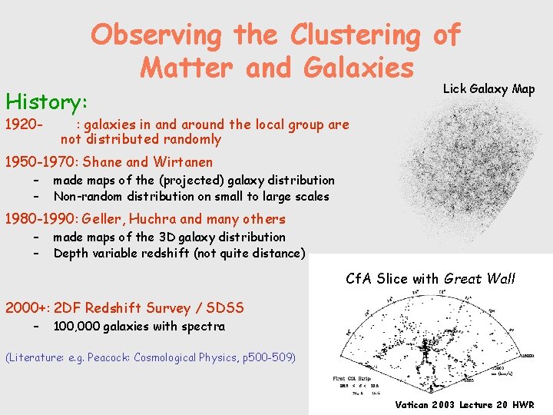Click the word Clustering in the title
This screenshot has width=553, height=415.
coord(354,35)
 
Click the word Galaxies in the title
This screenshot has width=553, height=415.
coord(359,68)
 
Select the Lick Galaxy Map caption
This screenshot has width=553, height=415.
coord(488,89)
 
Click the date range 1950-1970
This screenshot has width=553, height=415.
coord(40,162)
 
